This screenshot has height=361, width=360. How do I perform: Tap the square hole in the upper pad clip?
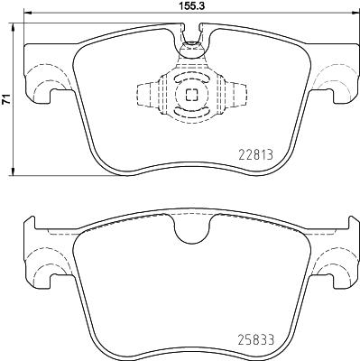point(190,95)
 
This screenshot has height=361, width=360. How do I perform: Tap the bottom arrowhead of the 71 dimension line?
point(15,173)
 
